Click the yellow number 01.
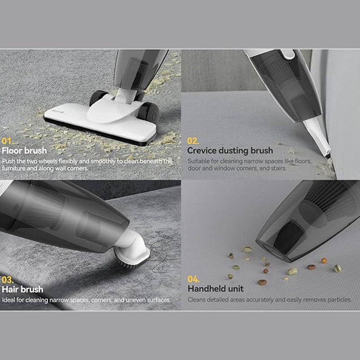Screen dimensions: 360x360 click(x=7, y=141)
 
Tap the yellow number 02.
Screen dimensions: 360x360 click(x=193, y=141)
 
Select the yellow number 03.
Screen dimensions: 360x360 click(x=7, y=279)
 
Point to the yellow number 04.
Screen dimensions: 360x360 click(x=193, y=279)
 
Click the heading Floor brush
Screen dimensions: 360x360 click(x=24, y=151)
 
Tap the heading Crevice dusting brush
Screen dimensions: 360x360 click(x=230, y=151)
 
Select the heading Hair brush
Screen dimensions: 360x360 click(x=22, y=289)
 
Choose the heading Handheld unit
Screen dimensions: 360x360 click(x=216, y=288)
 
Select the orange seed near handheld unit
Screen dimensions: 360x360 click(x=324, y=261)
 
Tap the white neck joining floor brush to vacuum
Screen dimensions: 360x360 click(x=124, y=95)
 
